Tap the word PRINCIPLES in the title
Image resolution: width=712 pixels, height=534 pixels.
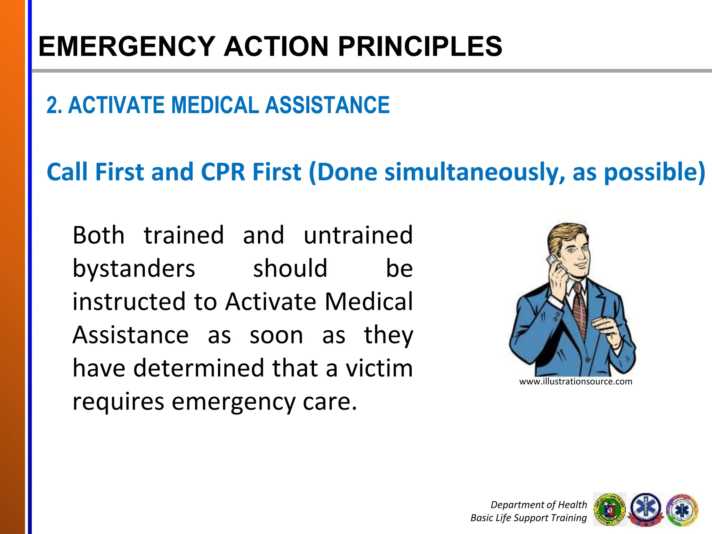click(x=420, y=46)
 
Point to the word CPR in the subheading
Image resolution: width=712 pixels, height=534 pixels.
click(x=223, y=172)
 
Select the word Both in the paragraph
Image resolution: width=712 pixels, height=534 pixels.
click(x=98, y=235)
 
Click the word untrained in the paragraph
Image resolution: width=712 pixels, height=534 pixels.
click(x=358, y=235)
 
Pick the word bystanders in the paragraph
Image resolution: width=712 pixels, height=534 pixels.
click(x=134, y=269)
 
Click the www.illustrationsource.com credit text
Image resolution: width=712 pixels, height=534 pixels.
click(x=575, y=381)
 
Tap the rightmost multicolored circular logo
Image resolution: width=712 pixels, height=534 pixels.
click(x=682, y=510)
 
